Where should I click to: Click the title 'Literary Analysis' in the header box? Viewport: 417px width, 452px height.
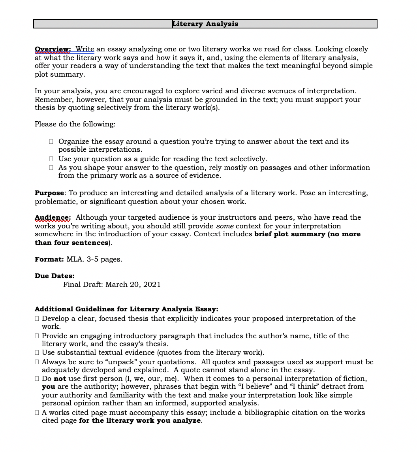click(205, 24)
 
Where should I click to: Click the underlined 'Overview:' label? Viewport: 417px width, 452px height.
click(53, 49)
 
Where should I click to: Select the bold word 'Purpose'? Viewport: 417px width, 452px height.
click(49, 193)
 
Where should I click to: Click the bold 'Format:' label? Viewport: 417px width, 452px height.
click(49, 260)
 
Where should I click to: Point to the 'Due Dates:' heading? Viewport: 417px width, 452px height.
click(54, 276)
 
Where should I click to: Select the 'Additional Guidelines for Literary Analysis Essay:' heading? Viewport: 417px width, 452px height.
click(126, 309)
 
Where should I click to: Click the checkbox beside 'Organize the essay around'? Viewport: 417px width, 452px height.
click(51, 141)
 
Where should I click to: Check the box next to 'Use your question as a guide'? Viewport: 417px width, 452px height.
click(51, 159)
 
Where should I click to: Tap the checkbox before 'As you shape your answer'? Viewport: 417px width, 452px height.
click(51, 168)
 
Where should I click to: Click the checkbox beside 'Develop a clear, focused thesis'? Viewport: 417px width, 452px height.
click(37, 318)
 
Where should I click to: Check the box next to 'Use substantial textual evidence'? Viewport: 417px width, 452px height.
click(37, 352)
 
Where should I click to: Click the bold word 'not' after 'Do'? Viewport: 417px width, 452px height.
click(60, 379)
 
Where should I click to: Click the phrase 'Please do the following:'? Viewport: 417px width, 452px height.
click(75, 124)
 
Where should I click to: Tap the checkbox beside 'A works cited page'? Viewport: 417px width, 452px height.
click(37, 412)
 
